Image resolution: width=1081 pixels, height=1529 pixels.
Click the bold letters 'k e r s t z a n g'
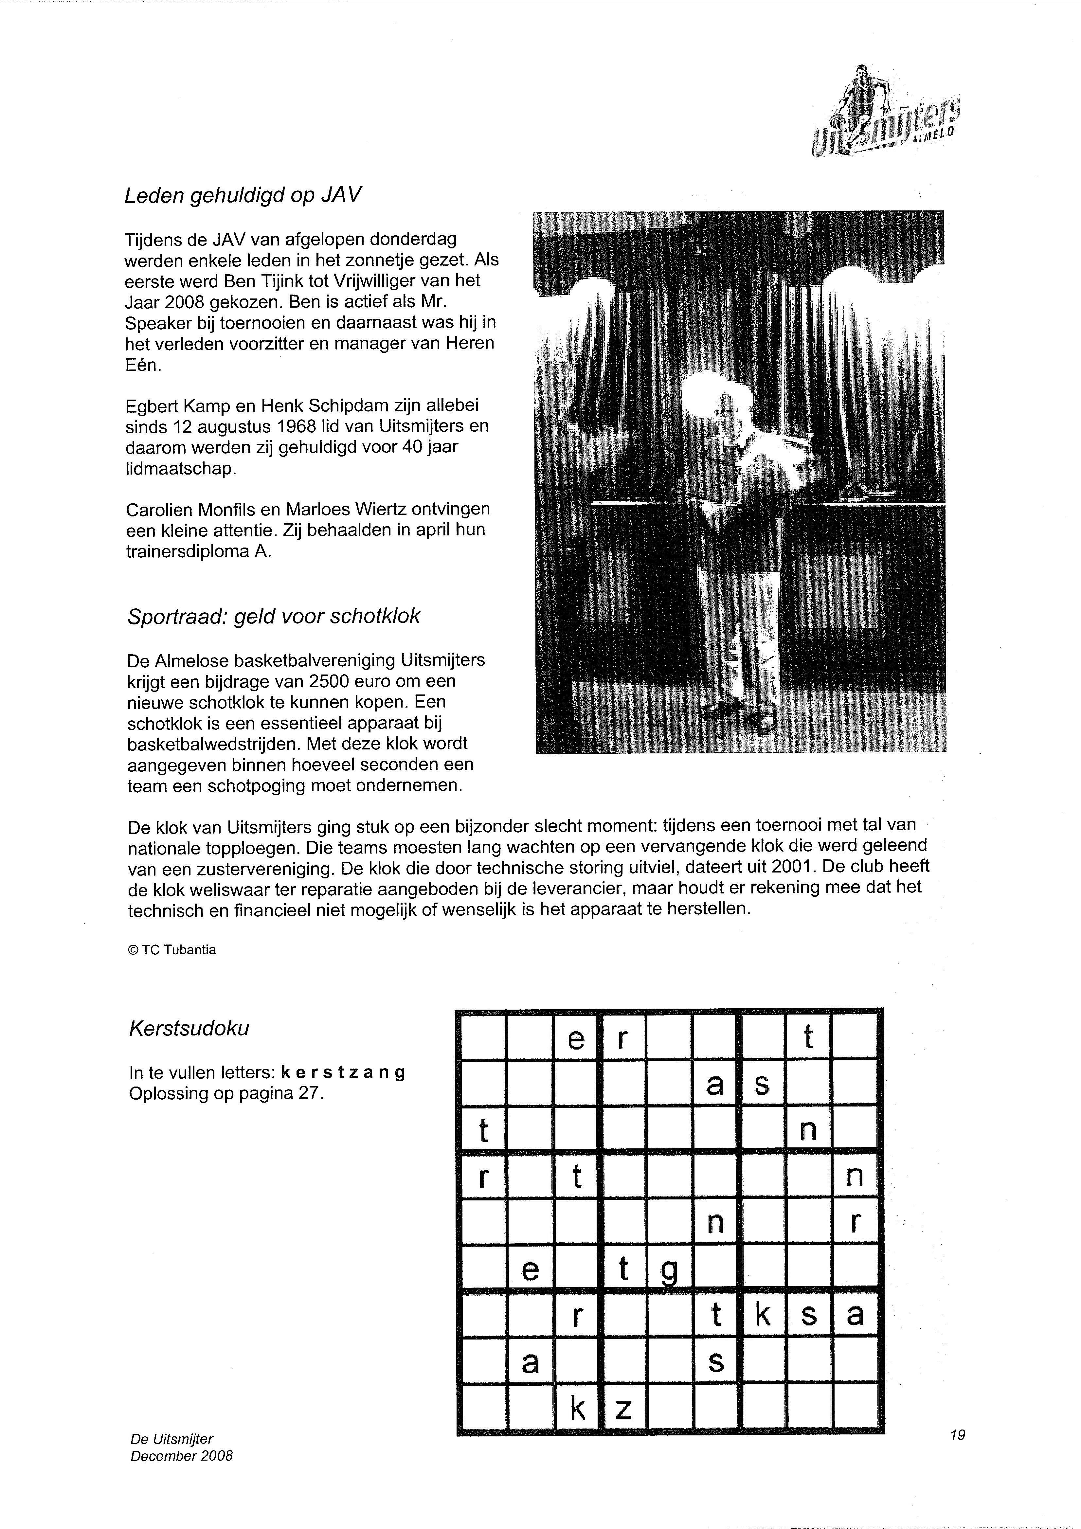click(343, 1073)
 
